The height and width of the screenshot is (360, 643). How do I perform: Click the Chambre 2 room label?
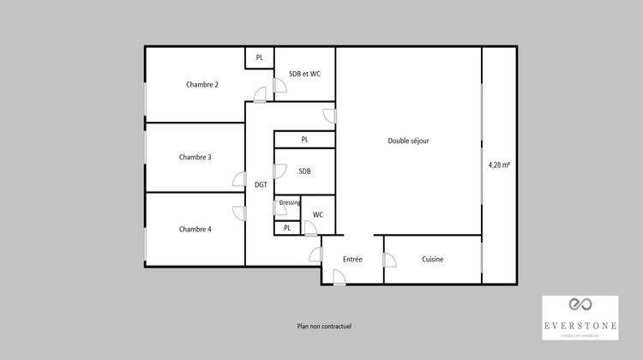click(x=202, y=84)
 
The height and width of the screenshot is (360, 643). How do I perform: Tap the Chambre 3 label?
click(x=195, y=157)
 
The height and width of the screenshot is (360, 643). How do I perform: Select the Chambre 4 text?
click(x=195, y=229)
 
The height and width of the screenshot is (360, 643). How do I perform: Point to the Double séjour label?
click(x=408, y=141)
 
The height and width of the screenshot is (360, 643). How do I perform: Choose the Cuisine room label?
click(x=433, y=259)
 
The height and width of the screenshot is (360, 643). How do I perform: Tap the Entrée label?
click(x=352, y=259)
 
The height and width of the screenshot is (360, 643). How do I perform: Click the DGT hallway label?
click(x=261, y=184)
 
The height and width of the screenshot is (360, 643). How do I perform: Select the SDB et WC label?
click(x=305, y=74)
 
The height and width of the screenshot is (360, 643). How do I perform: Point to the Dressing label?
click(x=290, y=202)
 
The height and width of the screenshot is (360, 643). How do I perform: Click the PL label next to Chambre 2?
click(x=260, y=57)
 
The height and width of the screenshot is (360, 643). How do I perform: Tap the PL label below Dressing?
click(x=287, y=228)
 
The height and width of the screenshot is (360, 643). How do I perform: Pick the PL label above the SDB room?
click(x=304, y=139)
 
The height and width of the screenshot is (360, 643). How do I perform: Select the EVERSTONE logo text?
click(x=580, y=326)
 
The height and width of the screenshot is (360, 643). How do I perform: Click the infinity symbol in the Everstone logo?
click(x=580, y=305)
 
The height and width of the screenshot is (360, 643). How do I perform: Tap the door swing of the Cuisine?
click(x=390, y=261)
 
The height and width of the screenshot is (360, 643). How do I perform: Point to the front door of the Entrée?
click(x=339, y=277)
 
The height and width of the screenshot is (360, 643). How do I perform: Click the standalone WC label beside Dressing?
click(x=318, y=214)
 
